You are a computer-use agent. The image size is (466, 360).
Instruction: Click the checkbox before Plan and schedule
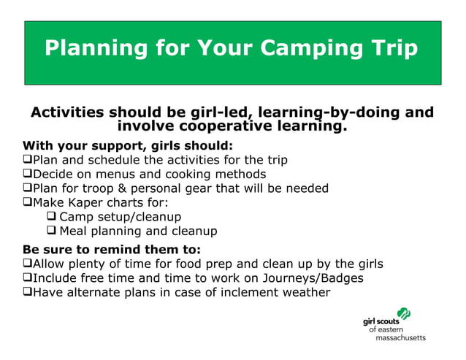click(28, 160)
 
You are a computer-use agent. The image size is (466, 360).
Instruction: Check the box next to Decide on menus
click(28, 175)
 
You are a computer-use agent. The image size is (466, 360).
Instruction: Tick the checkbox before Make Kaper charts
click(28, 203)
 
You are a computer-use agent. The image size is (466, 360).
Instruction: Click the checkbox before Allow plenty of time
click(28, 264)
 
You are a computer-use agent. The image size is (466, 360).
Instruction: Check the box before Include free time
click(28, 278)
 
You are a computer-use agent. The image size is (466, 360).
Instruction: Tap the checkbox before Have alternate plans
click(28, 293)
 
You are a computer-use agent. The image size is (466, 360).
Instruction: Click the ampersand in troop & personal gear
click(137, 188)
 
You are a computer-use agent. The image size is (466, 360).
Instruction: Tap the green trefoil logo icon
click(402, 314)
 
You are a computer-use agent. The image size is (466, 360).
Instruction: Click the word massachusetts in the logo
click(400, 338)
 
